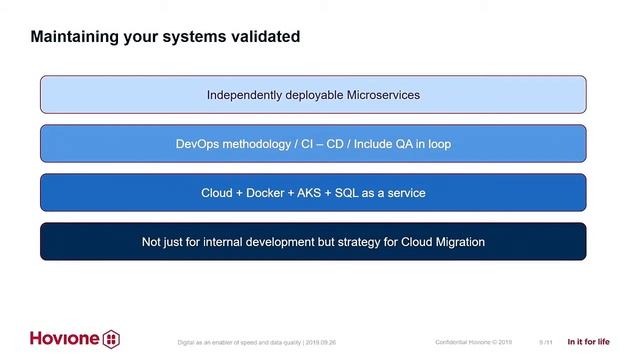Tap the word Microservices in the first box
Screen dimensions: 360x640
tap(382, 95)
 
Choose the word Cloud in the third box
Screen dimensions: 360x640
tap(217, 193)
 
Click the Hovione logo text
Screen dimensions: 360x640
tap(64, 338)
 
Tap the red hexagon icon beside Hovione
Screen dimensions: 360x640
tap(111, 338)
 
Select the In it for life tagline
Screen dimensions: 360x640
tap(589, 341)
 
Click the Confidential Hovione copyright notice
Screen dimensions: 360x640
tap(473, 342)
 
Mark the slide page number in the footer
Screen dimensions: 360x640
tap(545, 342)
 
